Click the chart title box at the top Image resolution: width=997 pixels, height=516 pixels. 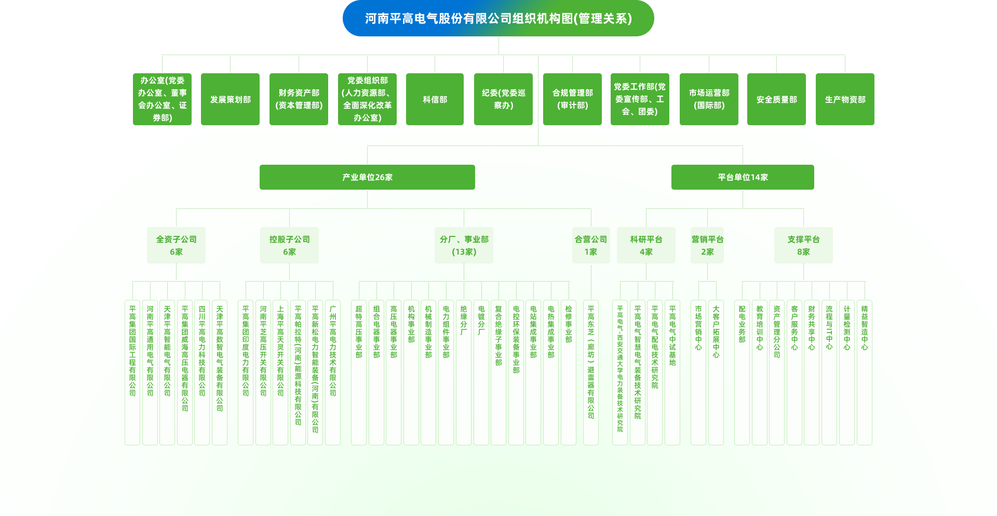pos(498,19)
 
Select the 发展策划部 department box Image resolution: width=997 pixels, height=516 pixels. pos(230,99)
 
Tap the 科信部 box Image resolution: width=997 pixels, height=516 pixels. pos(435,99)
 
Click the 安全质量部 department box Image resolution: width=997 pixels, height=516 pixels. pos(776,99)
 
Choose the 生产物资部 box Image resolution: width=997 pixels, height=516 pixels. pos(845,99)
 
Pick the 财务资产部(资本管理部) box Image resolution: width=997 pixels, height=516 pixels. pos(299,99)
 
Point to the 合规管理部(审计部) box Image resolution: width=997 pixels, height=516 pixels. pos(572,99)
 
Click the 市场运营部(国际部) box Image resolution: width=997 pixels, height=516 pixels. pos(709,99)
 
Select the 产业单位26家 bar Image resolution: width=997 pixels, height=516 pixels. pos(367,177)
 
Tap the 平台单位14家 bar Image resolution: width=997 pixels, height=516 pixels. pos(743,177)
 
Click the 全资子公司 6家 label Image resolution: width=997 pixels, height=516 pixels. pos(176,245)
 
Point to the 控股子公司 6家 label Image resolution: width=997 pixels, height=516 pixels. pos(289,245)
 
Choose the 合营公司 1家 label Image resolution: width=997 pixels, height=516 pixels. pos(591,245)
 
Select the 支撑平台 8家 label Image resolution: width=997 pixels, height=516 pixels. pos(803,245)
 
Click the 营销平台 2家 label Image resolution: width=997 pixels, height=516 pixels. pos(707,245)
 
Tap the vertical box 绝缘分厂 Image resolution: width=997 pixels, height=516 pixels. pos(464,372)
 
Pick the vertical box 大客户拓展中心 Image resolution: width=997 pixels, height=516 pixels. pos(716,372)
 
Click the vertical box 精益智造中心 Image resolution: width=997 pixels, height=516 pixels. pos(865,372)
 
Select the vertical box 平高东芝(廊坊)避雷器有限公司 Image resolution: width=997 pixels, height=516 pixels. pos(591,372)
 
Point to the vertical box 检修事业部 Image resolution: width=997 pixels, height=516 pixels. pos(569,372)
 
